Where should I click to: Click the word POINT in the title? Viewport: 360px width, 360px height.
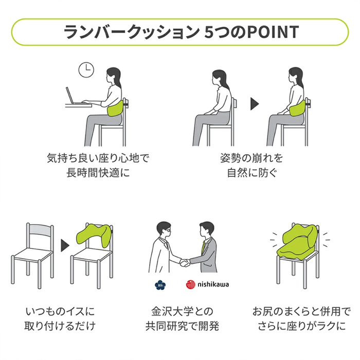click(x=273, y=32)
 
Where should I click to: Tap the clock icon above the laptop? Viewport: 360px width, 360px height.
click(x=86, y=70)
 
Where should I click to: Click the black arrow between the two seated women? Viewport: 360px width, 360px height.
click(x=255, y=104)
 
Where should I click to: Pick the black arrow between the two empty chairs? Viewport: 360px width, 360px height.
click(x=65, y=245)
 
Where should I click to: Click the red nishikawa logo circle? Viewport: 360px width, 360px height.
click(x=191, y=284)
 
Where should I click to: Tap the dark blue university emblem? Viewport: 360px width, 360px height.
click(x=160, y=285)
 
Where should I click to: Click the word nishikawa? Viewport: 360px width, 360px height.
click(x=213, y=284)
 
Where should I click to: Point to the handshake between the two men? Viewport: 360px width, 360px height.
click(x=185, y=262)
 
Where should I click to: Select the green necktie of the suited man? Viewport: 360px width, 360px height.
click(x=203, y=247)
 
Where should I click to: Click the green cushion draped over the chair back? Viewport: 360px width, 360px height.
click(x=94, y=235)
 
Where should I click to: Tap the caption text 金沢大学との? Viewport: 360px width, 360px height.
click(x=182, y=312)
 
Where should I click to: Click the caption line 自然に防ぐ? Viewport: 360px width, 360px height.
click(x=251, y=173)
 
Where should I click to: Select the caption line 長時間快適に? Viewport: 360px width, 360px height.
click(x=98, y=173)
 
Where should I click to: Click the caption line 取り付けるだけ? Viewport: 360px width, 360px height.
click(x=60, y=326)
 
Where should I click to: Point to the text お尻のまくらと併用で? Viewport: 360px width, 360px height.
click(x=302, y=312)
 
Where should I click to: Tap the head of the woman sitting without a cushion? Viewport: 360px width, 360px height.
click(x=220, y=78)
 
